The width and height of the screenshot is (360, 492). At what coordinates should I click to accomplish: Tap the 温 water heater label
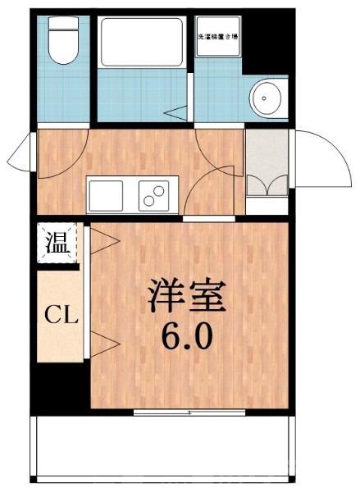pyautogui.click(x=56, y=244)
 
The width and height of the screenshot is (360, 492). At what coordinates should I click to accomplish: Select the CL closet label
pyautogui.click(x=59, y=314)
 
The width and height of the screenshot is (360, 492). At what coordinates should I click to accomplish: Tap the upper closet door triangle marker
pyautogui.click(x=103, y=240)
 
